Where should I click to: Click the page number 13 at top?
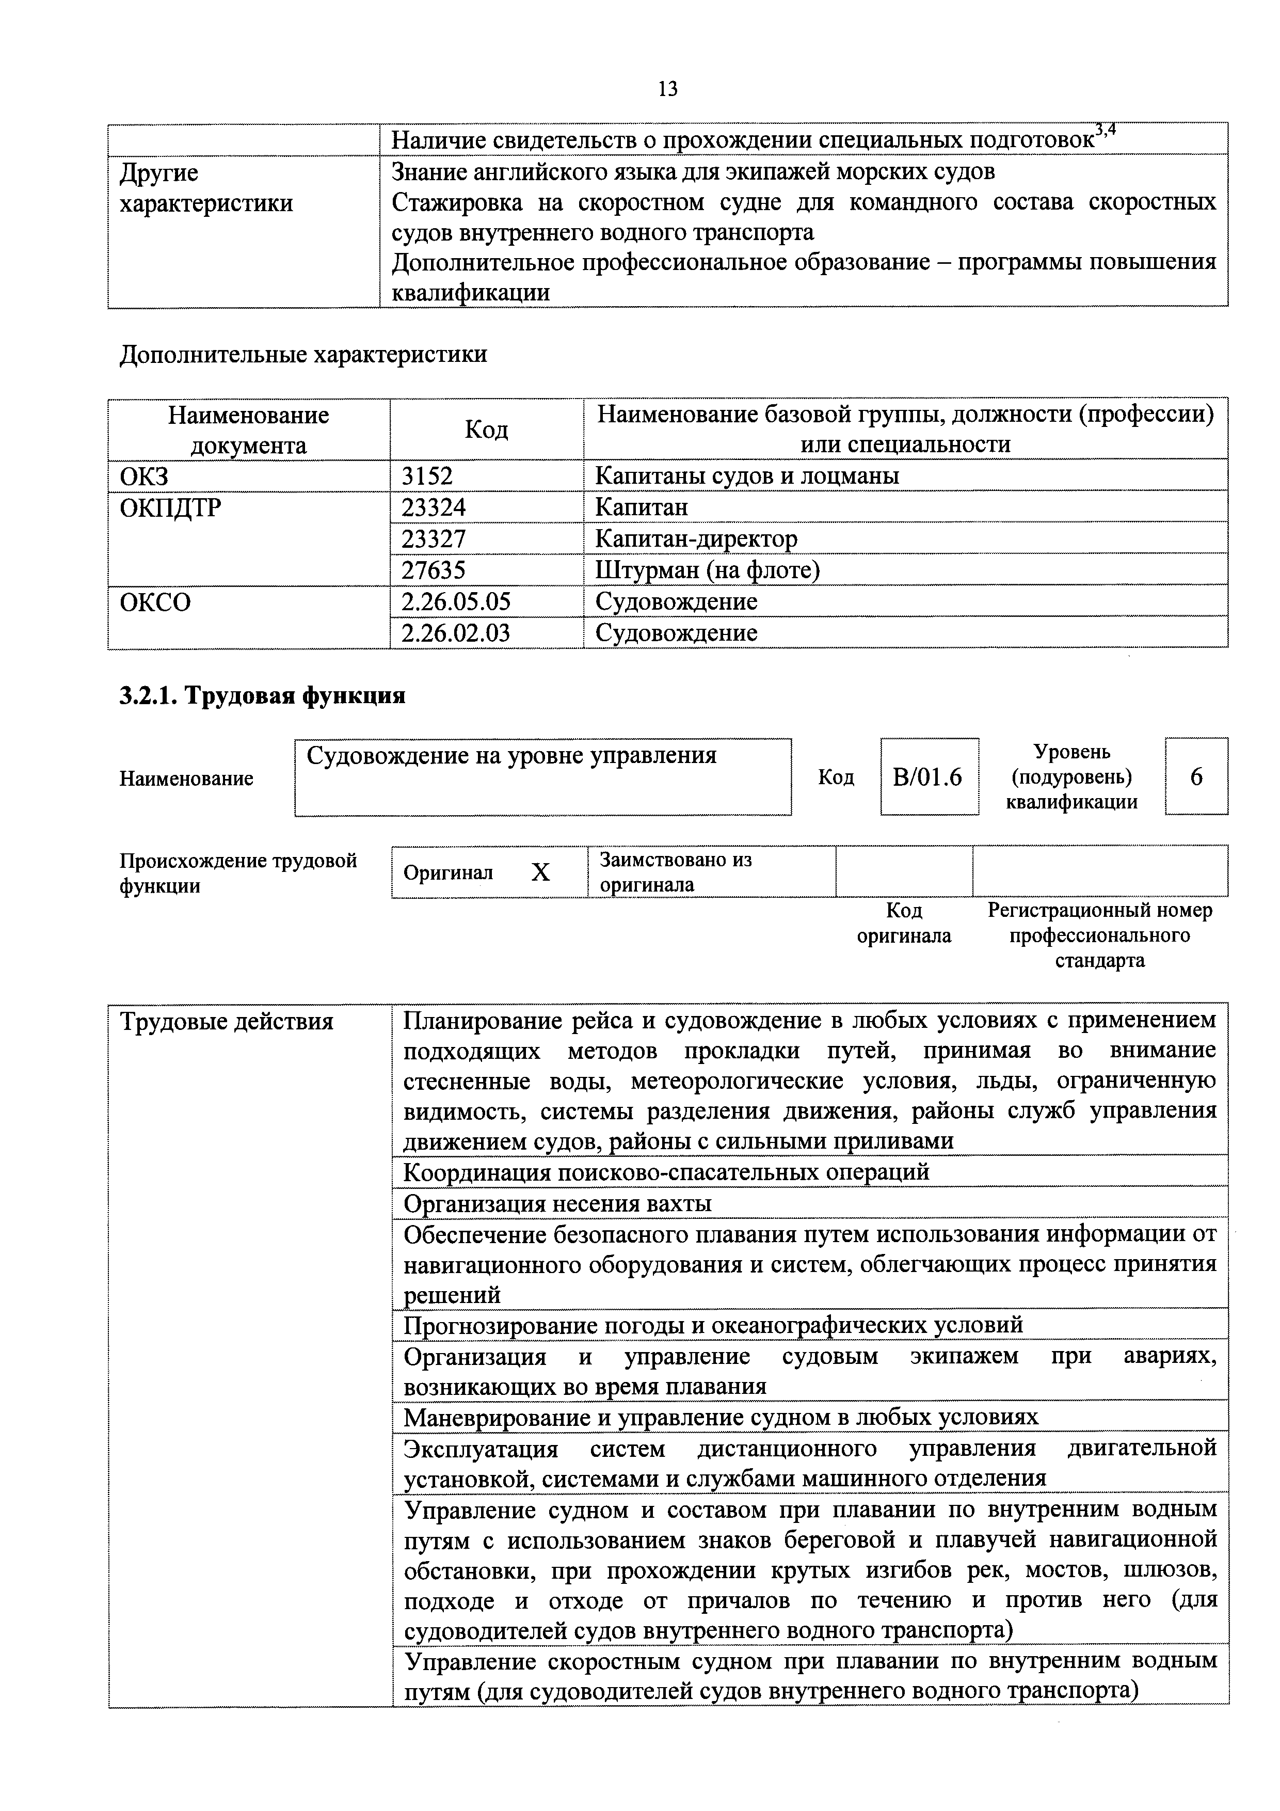click(667, 88)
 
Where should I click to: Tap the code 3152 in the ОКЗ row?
click(427, 475)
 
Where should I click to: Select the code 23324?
click(434, 506)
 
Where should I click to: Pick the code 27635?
click(434, 569)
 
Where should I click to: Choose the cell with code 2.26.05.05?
click(456, 602)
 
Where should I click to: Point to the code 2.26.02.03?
click(456, 632)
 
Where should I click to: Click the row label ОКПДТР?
click(170, 507)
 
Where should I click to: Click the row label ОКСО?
click(155, 602)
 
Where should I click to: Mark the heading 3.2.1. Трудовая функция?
click(263, 696)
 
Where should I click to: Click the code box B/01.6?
click(928, 777)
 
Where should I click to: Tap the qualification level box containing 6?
click(1196, 777)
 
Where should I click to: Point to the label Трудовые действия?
click(227, 1022)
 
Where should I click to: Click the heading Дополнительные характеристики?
click(303, 354)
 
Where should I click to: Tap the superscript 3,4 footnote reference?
click(1107, 130)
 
